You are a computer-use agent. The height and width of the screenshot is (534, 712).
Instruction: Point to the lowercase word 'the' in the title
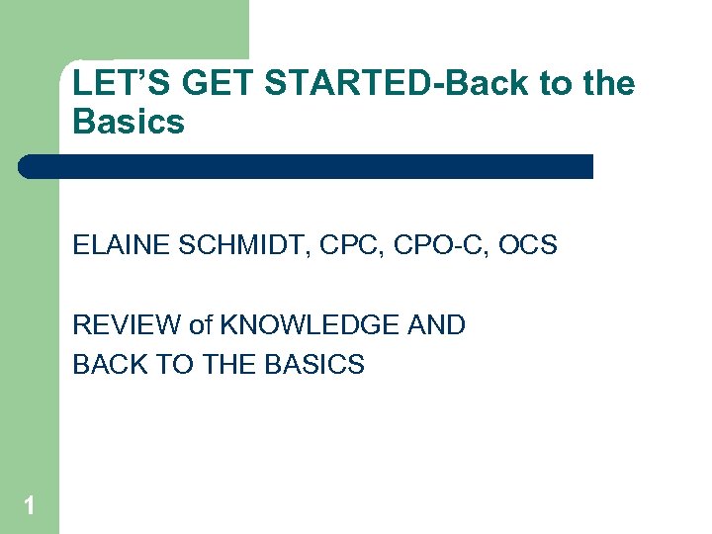pyautogui.click(x=607, y=84)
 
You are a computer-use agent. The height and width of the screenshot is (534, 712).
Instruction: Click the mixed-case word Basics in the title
pyautogui.click(x=129, y=123)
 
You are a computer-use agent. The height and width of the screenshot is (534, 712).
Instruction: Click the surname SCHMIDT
pyautogui.click(x=217, y=245)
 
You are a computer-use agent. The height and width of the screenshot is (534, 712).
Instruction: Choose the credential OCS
pyautogui.click(x=527, y=245)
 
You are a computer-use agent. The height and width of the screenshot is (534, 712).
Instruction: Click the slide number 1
pyautogui.click(x=30, y=506)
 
